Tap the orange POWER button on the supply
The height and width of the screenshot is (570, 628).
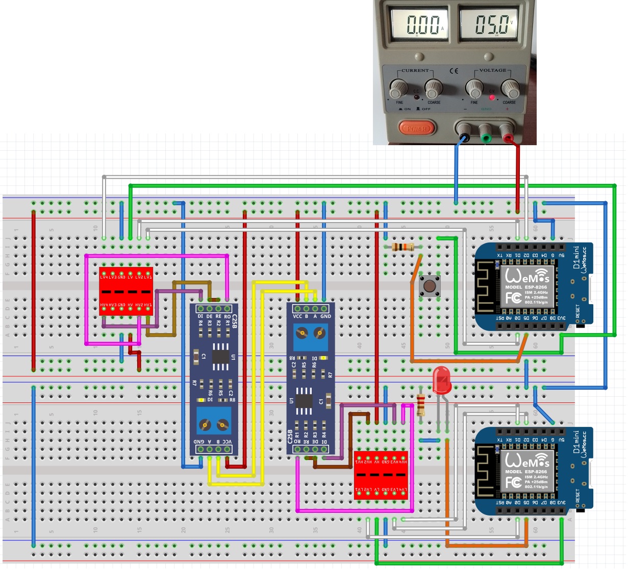click(416, 129)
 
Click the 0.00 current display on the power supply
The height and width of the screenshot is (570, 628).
click(423, 24)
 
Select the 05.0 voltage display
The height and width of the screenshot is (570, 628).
click(492, 24)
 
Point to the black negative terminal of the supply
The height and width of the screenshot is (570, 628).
click(464, 137)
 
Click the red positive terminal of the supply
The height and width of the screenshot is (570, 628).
click(508, 137)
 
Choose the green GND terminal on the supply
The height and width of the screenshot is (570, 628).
click(486, 137)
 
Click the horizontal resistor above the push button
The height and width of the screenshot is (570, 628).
click(404, 248)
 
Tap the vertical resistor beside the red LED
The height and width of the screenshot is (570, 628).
click(421, 405)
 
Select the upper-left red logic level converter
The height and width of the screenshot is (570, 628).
click(126, 291)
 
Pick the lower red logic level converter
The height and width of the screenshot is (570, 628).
click(381, 475)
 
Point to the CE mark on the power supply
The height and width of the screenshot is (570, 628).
click(454, 71)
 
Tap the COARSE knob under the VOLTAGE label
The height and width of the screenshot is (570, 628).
click(509, 89)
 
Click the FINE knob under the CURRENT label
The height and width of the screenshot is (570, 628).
click(398, 89)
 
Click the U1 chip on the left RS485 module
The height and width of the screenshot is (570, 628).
click(221, 354)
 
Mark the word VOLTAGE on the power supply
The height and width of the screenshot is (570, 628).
click(493, 70)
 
